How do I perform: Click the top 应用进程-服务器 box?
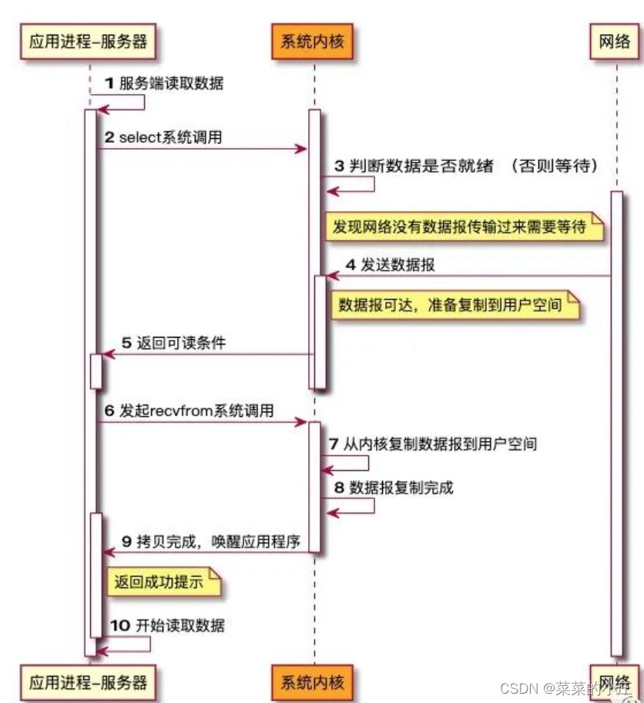[88, 43]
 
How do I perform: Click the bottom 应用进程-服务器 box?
[88, 681]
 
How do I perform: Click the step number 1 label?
[109, 83]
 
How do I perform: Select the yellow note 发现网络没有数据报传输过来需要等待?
[460, 227]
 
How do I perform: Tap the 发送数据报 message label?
[401, 265]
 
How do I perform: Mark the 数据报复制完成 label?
[401, 487]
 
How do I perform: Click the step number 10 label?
[119, 626]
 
